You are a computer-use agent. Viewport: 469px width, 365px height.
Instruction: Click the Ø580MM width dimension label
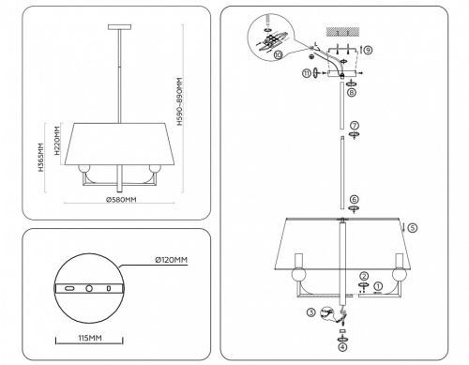(x=121, y=200)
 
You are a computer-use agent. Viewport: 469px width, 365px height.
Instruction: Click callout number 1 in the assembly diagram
(x=378, y=286)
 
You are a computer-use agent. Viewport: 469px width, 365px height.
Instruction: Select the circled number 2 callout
(x=362, y=275)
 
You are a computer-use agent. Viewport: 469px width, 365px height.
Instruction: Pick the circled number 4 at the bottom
(x=342, y=344)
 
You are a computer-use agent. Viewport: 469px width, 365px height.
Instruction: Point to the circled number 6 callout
(x=354, y=199)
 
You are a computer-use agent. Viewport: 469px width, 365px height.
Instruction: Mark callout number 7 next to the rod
(x=355, y=125)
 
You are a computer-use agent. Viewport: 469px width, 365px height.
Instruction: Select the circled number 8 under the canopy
(x=350, y=92)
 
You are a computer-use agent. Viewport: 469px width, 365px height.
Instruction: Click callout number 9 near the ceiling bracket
(x=368, y=49)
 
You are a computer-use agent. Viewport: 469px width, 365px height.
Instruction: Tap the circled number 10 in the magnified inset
(x=278, y=55)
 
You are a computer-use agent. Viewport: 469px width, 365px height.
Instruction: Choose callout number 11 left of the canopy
(x=306, y=74)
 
